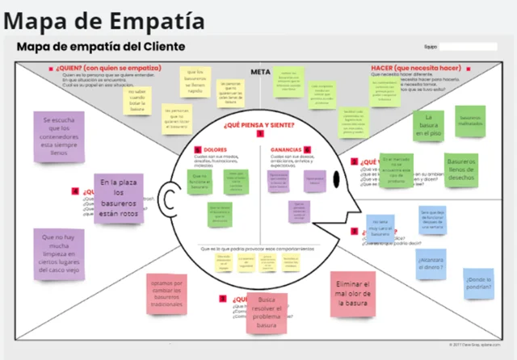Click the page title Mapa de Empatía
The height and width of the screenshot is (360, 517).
(103, 19)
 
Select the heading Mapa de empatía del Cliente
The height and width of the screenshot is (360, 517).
(101, 47)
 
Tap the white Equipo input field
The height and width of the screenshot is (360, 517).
(468, 47)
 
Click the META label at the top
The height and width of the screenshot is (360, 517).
(260, 72)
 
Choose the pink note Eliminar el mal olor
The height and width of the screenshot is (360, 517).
(352, 293)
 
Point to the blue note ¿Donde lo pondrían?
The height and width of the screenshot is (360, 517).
(478, 283)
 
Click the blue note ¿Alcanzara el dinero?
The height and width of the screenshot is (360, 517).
(431, 264)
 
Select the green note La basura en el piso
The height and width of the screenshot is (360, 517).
(429, 127)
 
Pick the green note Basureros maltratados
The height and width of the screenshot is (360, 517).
(469, 119)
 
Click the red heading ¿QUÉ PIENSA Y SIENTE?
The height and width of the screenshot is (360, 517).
(259, 124)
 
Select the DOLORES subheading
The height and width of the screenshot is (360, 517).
(215, 149)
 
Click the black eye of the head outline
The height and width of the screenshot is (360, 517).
(336, 180)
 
